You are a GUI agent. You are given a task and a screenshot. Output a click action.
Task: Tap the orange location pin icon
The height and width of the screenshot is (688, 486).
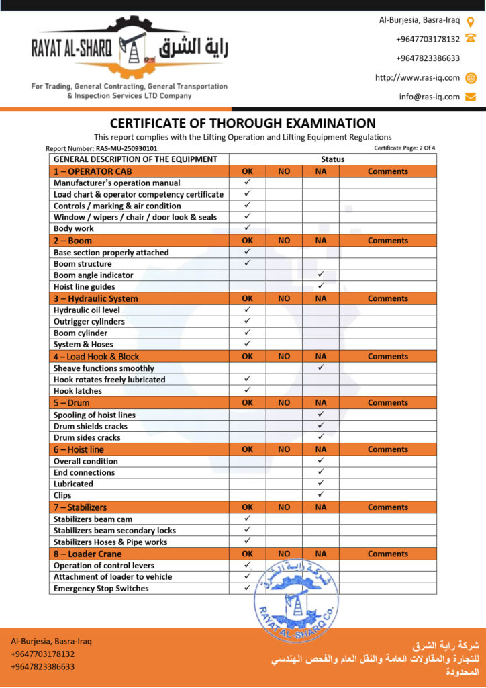pyautogui.click(x=471, y=20)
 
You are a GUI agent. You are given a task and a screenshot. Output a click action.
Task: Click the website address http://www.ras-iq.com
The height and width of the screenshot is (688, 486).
pyautogui.click(x=417, y=78)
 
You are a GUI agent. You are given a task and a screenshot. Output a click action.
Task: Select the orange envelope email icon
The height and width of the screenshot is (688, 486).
pyautogui.click(x=471, y=97)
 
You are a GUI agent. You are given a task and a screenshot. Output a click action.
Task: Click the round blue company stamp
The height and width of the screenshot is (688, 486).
pyautogui.click(x=295, y=599)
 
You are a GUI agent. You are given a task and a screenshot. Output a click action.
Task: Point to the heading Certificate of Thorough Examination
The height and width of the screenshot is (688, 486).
pyautogui.click(x=242, y=124)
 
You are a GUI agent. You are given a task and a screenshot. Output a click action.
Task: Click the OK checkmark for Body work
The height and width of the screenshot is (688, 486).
pyautogui.click(x=247, y=228)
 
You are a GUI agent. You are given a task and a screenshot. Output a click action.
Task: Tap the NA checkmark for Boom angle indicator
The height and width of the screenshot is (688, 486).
pyautogui.click(x=320, y=275)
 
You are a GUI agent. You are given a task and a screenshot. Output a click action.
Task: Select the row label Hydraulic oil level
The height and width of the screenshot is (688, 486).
pyautogui.click(x=87, y=310)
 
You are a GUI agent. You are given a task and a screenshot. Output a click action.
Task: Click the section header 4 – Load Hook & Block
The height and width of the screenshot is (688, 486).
pyautogui.click(x=96, y=357)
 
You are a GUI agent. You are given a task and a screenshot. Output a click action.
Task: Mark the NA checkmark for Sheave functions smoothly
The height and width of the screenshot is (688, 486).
pyautogui.click(x=320, y=368)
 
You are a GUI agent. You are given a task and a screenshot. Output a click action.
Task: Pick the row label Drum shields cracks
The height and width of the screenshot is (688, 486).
pyautogui.click(x=90, y=426)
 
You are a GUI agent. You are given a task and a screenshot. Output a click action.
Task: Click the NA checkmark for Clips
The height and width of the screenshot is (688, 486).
pyautogui.click(x=320, y=495)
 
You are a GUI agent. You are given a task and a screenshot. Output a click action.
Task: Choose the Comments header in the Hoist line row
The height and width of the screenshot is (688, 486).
pyautogui.click(x=387, y=449)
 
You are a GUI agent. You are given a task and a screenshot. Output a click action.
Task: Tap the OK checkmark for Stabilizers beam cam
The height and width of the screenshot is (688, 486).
pyautogui.click(x=247, y=519)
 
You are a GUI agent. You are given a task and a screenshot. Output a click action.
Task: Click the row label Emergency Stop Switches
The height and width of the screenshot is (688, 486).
pyautogui.click(x=101, y=588)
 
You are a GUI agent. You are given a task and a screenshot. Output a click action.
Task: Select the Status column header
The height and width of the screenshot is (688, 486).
pyautogui.click(x=332, y=159)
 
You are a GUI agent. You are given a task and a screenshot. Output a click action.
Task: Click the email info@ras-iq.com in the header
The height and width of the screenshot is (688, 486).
pyautogui.click(x=429, y=97)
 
